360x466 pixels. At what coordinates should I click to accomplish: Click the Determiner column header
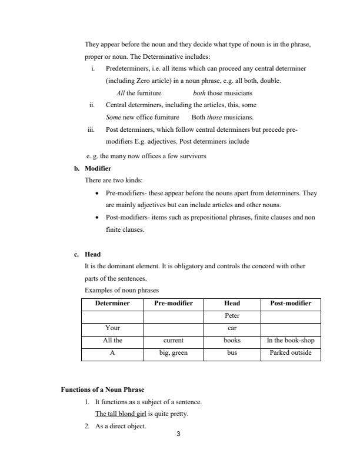[112, 304]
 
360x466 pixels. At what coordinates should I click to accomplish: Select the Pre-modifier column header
[174, 304]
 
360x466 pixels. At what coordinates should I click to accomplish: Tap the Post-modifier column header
[291, 304]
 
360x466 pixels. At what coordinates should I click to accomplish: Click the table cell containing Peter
[232, 316]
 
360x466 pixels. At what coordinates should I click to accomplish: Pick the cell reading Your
[112, 328]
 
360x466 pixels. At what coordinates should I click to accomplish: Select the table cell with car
[232, 328]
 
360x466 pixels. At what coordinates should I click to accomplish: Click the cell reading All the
[112, 341]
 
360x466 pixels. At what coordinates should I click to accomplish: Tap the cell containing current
[174, 341]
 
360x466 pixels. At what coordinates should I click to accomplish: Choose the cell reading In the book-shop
[291, 341]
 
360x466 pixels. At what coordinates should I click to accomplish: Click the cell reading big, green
[174, 354]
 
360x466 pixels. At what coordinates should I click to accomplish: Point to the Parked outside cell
[291, 354]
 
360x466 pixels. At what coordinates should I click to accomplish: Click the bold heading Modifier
[98, 168]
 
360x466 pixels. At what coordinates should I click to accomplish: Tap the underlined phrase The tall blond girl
[121, 414]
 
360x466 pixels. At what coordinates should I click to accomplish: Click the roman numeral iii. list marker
[91, 130]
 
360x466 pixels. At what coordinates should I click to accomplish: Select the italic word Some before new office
[113, 117]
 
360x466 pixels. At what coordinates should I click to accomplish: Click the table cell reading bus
[232, 354]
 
